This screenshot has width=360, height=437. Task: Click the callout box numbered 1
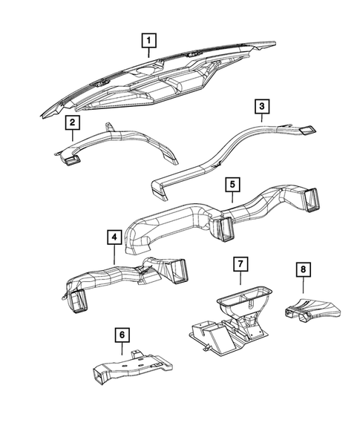[149, 39]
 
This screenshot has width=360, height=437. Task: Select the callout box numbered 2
[72, 122]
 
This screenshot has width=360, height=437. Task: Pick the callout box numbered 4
[114, 237]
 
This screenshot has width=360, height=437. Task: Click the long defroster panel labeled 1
[163, 82]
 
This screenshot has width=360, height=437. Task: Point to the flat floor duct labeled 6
[130, 367]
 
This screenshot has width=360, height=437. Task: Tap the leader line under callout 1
[149, 53]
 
